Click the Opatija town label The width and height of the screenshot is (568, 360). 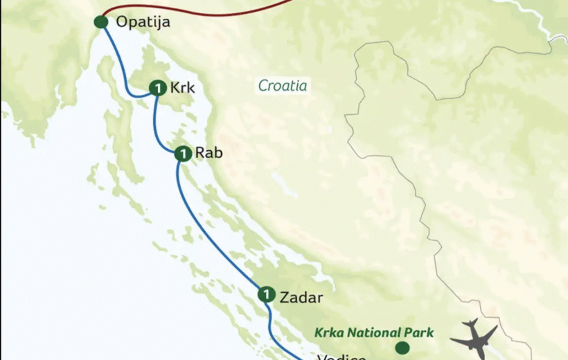pyautogui.click(x=143, y=22)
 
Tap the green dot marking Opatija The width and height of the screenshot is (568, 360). pyautogui.click(x=101, y=22)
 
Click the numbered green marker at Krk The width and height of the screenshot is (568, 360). pyautogui.click(x=158, y=89)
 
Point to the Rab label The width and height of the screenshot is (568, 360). pyautogui.click(x=208, y=153)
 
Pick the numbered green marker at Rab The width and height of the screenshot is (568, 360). pyautogui.click(x=183, y=154)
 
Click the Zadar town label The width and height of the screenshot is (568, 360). pyautogui.click(x=301, y=297)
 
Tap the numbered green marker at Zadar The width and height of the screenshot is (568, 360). pyautogui.click(x=266, y=295)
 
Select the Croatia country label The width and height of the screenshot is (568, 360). pyautogui.click(x=283, y=86)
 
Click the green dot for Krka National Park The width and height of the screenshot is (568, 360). pyautogui.click(x=402, y=348)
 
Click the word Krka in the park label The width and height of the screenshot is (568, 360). pyautogui.click(x=330, y=332)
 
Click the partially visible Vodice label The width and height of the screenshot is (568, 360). pyautogui.click(x=341, y=357)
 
